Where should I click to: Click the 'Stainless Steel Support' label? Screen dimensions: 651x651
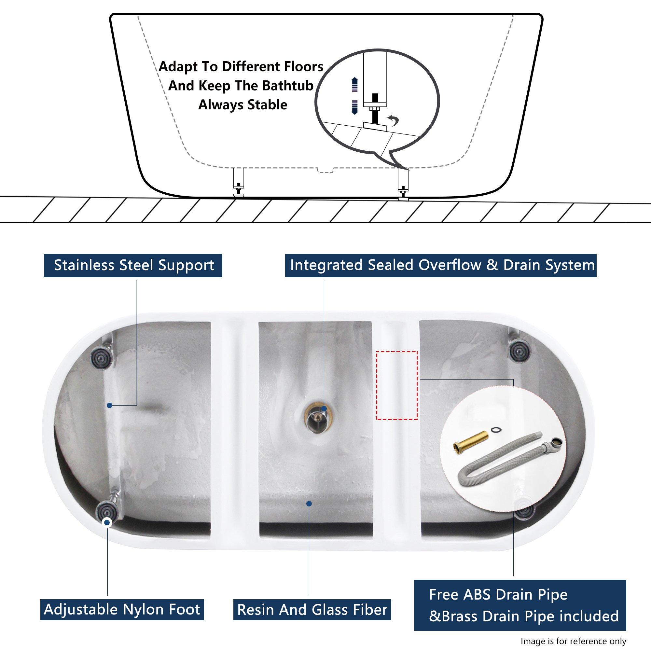point(133,266)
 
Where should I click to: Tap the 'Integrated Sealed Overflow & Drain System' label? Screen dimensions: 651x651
point(441,266)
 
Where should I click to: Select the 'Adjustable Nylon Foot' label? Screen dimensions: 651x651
point(122,610)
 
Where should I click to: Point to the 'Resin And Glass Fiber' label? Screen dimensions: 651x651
point(312,610)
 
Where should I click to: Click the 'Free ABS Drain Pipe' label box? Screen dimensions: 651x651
point(520,605)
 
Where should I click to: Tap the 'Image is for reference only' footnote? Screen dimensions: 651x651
point(573,641)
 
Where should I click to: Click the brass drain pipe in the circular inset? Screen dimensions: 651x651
point(471,442)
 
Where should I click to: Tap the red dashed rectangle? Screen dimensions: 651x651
point(396,385)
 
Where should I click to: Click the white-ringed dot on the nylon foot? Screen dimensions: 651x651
point(107,523)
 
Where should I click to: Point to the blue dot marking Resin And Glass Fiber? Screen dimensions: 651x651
point(309,504)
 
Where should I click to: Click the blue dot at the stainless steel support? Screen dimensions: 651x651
point(109,405)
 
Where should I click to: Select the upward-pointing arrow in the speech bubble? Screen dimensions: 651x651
point(354,84)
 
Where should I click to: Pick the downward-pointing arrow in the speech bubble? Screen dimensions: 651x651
point(354,107)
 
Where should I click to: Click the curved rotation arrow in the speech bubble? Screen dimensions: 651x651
point(393,120)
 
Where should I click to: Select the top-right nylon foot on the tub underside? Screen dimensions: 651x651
point(519,351)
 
